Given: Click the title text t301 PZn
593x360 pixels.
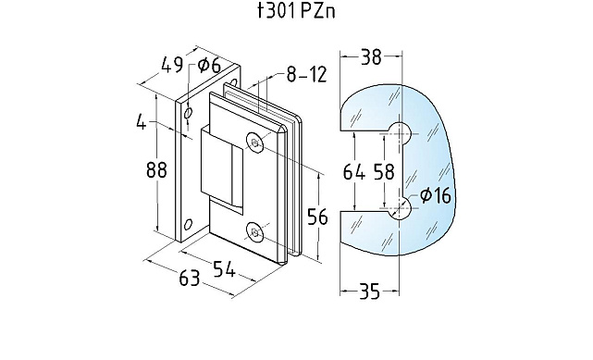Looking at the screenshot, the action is (x=296, y=11).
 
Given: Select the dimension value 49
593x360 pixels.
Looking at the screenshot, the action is (x=172, y=65).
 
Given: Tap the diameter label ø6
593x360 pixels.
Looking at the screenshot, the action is (x=209, y=66).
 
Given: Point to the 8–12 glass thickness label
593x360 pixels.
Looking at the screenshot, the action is (x=306, y=74).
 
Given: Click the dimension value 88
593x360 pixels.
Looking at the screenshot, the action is (x=156, y=169).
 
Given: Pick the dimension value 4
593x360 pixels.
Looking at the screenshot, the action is (x=141, y=122).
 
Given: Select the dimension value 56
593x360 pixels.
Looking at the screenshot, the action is (x=317, y=217).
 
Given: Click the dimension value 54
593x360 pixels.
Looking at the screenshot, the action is (x=224, y=269).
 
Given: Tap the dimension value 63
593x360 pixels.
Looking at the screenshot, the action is (x=189, y=279).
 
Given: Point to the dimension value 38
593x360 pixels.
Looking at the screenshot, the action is (x=371, y=57).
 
